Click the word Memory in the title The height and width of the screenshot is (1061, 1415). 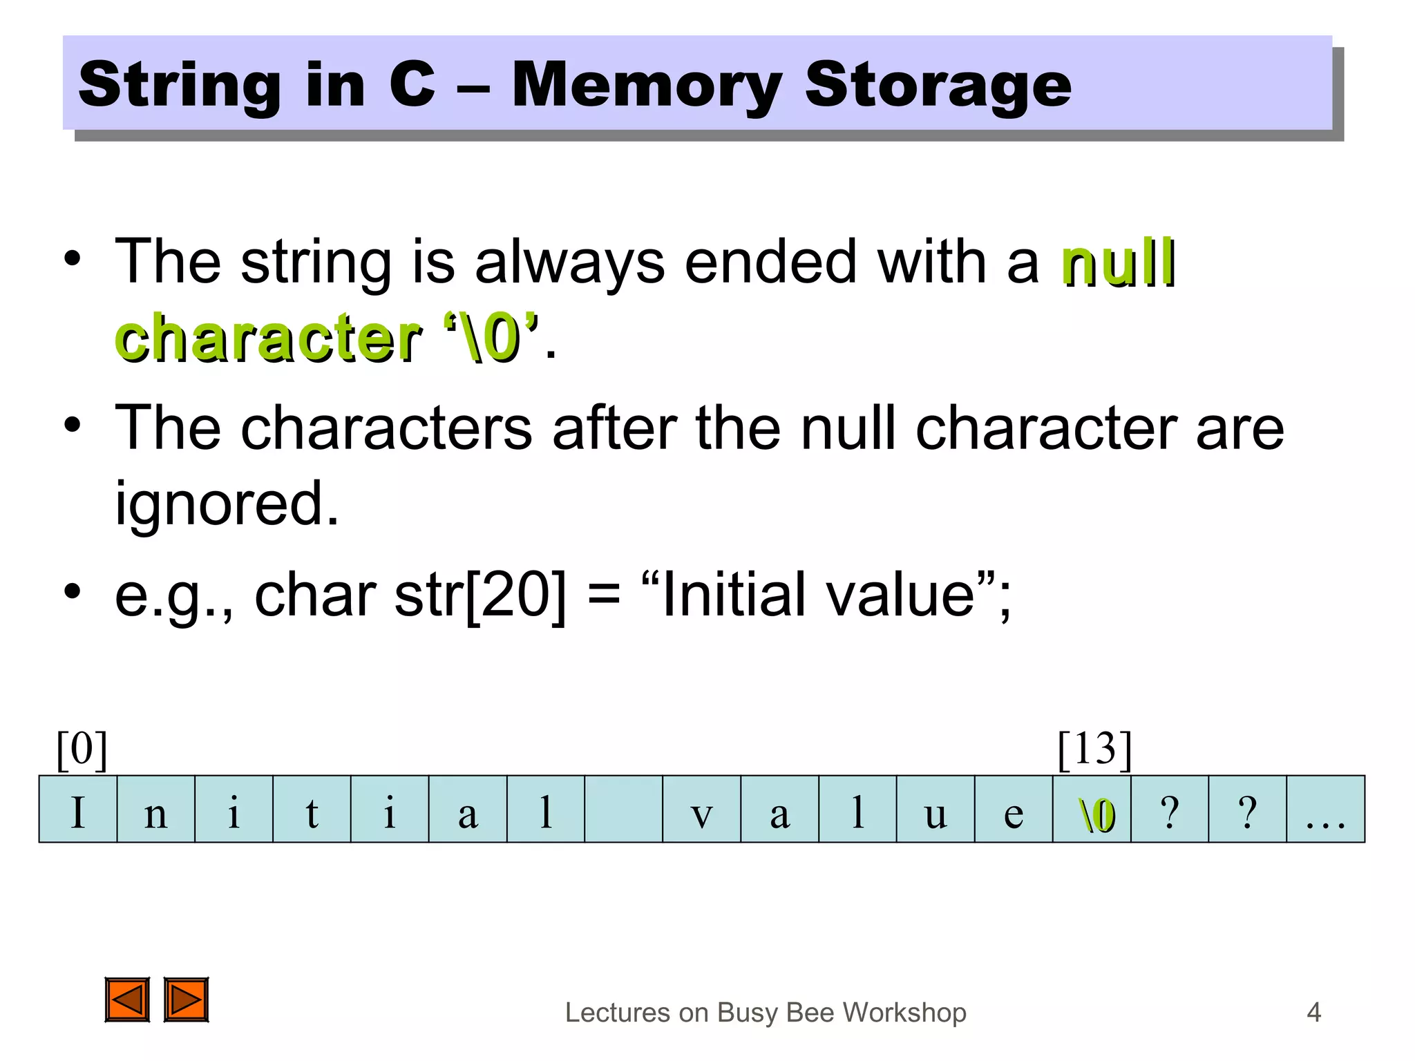coord(647,86)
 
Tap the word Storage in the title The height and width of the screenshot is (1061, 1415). coord(938,86)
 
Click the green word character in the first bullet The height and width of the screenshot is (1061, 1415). coord(268,338)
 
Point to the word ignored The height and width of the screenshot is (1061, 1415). coord(227,504)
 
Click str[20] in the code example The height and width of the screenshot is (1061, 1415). coord(479,595)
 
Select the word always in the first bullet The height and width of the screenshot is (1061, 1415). coord(569,262)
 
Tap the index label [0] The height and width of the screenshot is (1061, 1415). coord(82,749)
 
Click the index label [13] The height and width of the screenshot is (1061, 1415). coord(1094,749)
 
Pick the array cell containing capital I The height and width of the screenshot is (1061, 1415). coord(78,810)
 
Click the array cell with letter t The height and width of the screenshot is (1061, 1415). coord(312,810)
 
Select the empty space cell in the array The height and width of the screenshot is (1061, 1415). coord(623,810)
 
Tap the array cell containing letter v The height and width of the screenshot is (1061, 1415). coord(701,810)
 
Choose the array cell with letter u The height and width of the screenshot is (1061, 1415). coord(936,810)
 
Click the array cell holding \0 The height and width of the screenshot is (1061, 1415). coord(1092,810)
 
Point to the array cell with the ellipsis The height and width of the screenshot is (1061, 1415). coord(1325,810)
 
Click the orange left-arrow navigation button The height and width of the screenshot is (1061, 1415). coord(127,1000)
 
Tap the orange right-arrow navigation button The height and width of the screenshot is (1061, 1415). coord(186,1000)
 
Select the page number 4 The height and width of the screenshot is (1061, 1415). coord(1313,1013)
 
